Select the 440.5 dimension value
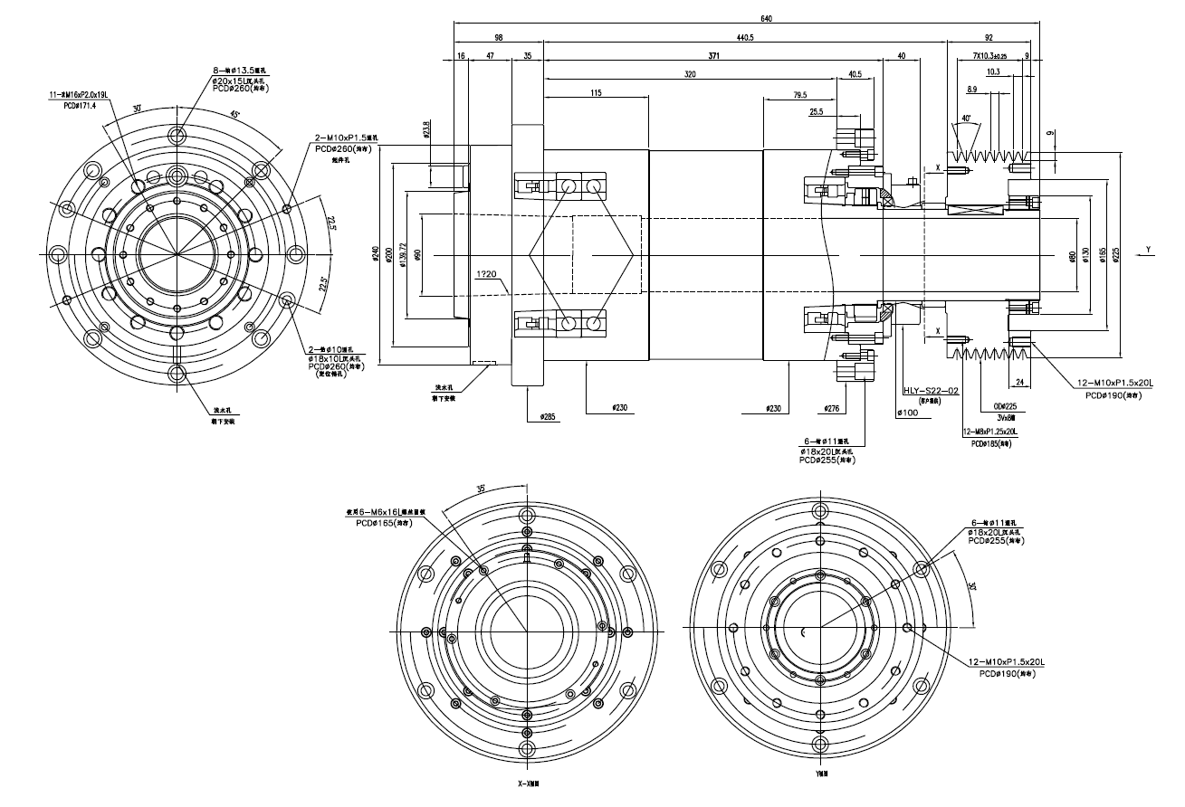pos(745,38)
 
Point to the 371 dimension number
pos(713,56)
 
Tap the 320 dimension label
pos(691,74)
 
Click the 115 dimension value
pos(596,93)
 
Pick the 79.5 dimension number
pos(799,94)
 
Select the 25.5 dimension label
pos(816,112)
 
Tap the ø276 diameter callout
pos(834,408)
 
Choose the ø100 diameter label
pos(907,412)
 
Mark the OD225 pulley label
pos(1006,406)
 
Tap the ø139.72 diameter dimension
pos(404,256)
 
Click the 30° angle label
pos(138,108)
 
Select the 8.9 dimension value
pos(971,89)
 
